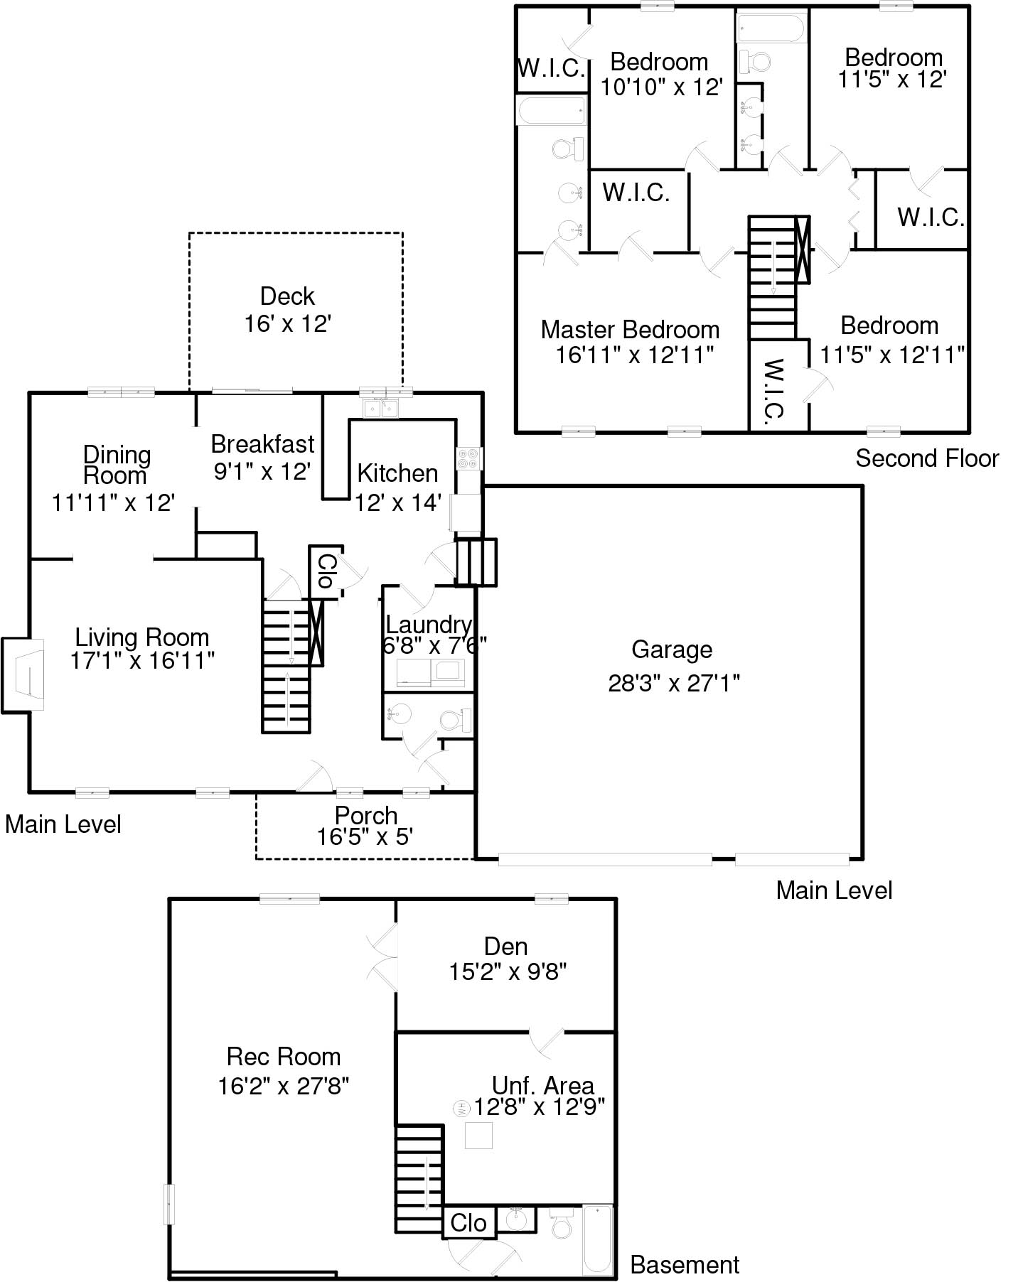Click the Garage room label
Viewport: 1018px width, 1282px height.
click(x=672, y=650)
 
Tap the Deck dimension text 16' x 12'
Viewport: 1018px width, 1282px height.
click(x=288, y=324)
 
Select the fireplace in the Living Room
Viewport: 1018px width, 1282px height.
click(x=25, y=674)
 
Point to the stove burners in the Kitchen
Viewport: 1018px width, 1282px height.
click(x=468, y=458)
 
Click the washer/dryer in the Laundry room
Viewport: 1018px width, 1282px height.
click(x=429, y=673)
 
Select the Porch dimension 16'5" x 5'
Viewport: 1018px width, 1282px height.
click(x=365, y=837)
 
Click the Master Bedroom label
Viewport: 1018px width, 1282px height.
click(x=630, y=330)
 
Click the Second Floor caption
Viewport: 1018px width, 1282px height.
click(x=927, y=458)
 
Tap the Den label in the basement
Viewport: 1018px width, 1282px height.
click(x=505, y=946)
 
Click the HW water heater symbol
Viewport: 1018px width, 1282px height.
click(x=461, y=1108)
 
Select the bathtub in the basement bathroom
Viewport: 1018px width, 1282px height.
click(x=597, y=1240)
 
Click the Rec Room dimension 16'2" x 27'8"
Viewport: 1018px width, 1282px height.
click(x=284, y=1086)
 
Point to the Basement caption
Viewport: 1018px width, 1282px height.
click(x=685, y=1265)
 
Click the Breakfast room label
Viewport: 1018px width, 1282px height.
click(x=262, y=444)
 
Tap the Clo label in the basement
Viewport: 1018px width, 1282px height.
click(x=468, y=1223)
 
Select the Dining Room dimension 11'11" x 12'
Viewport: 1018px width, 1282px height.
click(x=113, y=502)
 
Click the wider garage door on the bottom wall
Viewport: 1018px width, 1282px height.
click(x=605, y=859)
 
